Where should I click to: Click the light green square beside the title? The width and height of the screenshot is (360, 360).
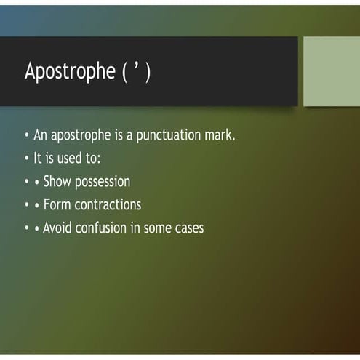click(x=331, y=71)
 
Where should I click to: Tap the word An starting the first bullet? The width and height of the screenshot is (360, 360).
click(x=41, y=136)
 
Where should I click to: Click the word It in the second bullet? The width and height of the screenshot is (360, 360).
click(x=39, y=159)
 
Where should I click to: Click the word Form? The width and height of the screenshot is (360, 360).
click(x=57, y=204)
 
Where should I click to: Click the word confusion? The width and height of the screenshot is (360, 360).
click(x=107, y=228)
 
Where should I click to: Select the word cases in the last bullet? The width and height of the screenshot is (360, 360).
click(x=188, y=228)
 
